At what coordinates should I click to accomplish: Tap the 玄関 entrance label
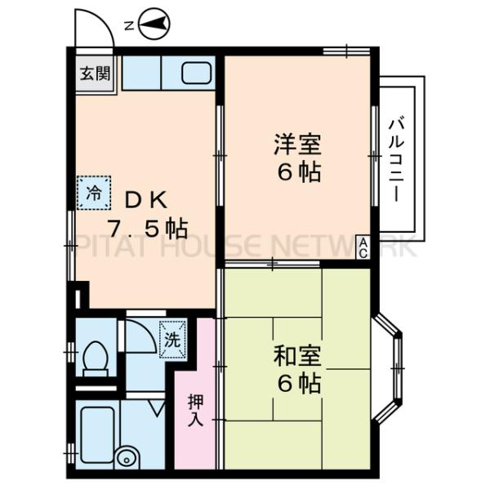pos(95,73)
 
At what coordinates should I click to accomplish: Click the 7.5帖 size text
pos(148,228)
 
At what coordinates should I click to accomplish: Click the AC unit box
pos(363,246)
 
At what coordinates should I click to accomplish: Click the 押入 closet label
pos(195,410)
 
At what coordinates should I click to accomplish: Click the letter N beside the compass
pos(128,25)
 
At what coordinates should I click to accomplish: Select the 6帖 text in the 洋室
pos(297,173)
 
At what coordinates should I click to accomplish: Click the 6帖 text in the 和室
pos(297,383)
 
